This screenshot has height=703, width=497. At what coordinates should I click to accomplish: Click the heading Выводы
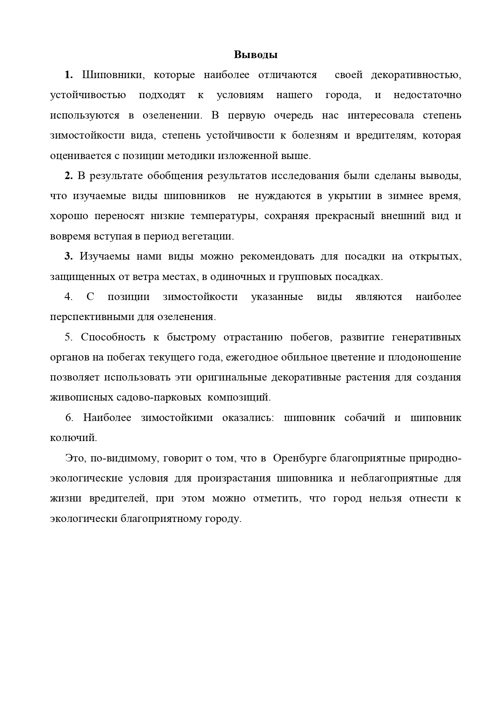(x=256, y=55)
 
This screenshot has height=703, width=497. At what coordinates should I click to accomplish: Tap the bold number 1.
(x=68, y=75)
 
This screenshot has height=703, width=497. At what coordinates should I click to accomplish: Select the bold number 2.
(x=68, y=176)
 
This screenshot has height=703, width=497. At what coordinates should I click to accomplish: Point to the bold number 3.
(x=68, y=256)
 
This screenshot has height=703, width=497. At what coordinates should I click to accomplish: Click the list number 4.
(x=68, y=297)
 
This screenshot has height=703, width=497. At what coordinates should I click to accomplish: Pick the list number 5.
(x=68, y=337)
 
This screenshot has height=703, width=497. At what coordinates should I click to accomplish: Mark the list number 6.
(x=69, y=418)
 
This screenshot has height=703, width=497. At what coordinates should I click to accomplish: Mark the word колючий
(x=73, y=438)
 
